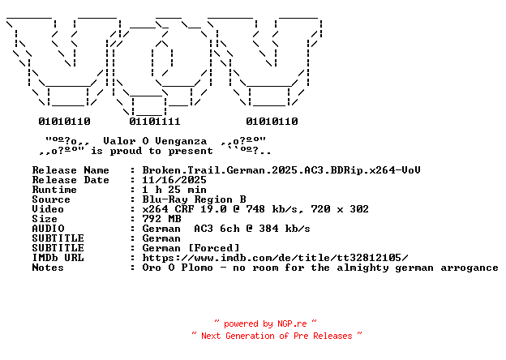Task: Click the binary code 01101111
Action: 155,122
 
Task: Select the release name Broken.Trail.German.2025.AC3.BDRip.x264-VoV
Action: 281,170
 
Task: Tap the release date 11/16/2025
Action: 174,180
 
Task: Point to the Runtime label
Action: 54,190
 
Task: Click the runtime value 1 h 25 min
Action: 174,190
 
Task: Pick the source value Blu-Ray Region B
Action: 194,199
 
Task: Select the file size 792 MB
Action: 161,219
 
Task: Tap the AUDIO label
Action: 48,229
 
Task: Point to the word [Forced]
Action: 213,248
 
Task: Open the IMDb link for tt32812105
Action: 275,258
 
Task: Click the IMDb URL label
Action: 58,258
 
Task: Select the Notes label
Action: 48,268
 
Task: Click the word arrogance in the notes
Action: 470,268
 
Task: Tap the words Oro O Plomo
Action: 178,268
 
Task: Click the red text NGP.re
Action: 292,324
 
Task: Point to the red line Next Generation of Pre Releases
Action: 277,336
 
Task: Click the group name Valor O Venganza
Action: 155,141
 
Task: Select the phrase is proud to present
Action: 152,151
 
